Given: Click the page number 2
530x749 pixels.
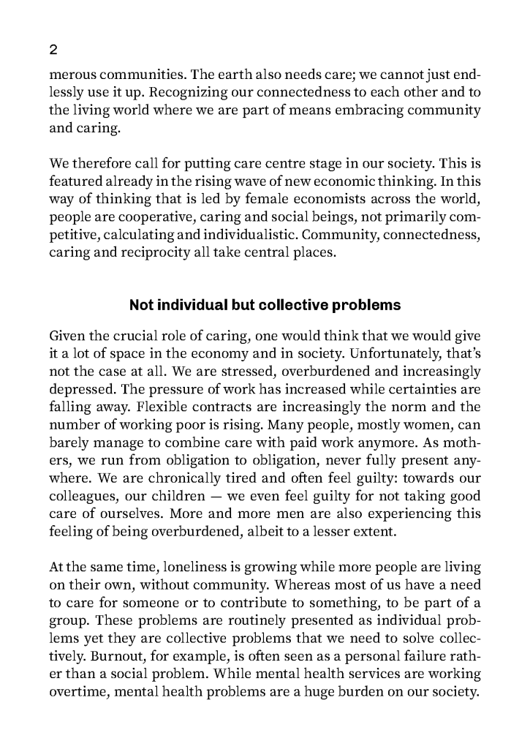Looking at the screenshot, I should tap(53, 50).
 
